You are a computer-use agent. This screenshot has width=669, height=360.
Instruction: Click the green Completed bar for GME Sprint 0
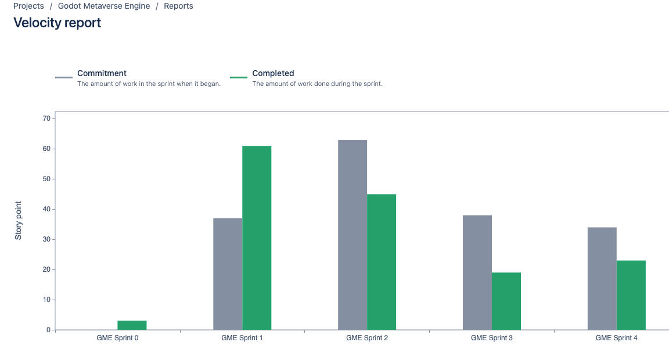132,325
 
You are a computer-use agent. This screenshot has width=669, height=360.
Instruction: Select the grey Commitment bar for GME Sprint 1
228,274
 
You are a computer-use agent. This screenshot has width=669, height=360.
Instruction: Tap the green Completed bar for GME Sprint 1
257,238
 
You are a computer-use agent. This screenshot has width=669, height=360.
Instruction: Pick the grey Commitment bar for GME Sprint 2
353,235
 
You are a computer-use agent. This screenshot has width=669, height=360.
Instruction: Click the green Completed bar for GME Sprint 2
382,262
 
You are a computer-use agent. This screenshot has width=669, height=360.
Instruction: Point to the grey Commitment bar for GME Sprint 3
477,273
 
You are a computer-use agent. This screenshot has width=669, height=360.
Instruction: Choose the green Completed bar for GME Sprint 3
506,301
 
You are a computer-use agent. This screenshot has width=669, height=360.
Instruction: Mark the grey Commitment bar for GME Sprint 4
602,279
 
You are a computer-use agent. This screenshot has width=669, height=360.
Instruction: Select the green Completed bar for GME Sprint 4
631,295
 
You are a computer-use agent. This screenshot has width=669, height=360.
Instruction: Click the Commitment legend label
102,73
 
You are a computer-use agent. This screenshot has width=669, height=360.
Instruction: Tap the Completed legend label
273,73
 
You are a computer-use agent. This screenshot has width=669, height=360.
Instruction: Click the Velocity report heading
57,23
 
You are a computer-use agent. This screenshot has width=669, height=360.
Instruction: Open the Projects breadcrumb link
28,6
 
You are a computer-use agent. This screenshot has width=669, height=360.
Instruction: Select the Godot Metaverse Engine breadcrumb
104,6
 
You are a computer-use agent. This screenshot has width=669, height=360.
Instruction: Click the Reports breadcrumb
178,6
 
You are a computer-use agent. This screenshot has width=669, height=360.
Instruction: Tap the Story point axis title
19,221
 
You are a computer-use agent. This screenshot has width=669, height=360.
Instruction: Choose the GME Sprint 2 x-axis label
367,338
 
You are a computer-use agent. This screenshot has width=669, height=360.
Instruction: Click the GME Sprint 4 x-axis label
617,338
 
